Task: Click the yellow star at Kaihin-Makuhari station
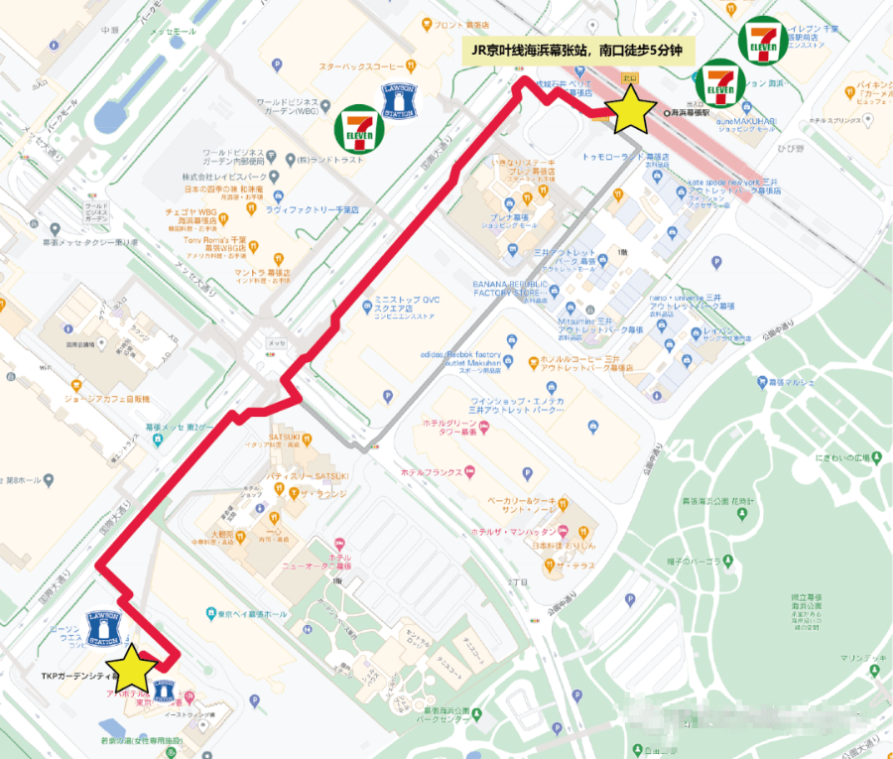point(631,108)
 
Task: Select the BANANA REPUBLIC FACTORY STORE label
point(525,289)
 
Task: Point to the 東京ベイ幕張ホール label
point(253,613)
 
